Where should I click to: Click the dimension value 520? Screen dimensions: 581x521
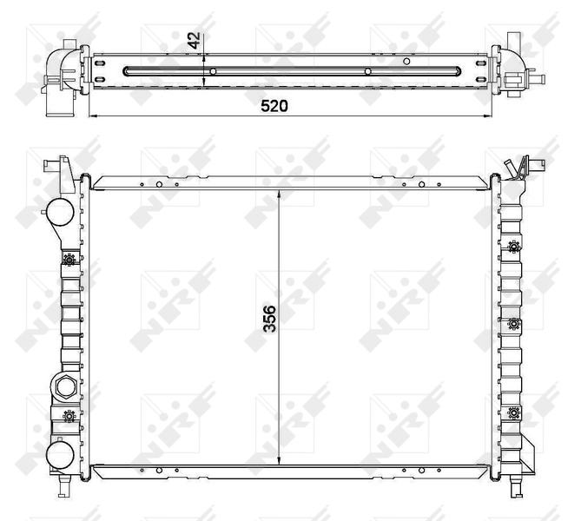point(274,106)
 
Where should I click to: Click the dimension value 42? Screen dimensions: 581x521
point(194,41)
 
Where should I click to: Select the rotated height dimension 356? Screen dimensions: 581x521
point(270,319)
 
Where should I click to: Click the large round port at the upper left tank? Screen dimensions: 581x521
point(60,213)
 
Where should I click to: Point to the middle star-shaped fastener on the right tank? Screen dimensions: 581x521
point(513,324)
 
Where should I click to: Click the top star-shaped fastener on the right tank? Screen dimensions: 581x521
point(513,247)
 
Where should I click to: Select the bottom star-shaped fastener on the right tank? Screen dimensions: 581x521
point(513,412)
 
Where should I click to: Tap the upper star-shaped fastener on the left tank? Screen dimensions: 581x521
point(69,260)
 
